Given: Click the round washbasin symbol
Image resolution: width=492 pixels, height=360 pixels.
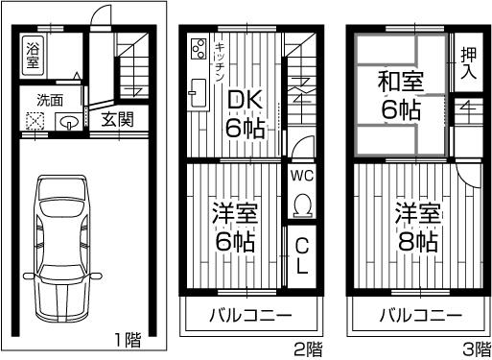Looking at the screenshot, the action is point(70,122).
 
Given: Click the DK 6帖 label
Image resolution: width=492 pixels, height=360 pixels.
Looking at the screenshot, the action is point(246,112).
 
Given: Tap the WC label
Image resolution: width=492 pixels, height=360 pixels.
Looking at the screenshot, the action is point(302,177).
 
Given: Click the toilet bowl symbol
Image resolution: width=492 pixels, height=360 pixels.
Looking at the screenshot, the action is point(302,204).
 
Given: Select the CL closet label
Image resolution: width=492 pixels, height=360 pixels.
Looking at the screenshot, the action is point(301,256).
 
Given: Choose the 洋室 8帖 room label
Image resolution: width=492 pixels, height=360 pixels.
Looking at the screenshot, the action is point(415,227).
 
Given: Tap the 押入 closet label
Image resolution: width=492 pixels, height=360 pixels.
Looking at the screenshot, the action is point(468,62).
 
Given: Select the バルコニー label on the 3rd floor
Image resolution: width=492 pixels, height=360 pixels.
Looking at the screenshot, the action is point(414,314).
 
